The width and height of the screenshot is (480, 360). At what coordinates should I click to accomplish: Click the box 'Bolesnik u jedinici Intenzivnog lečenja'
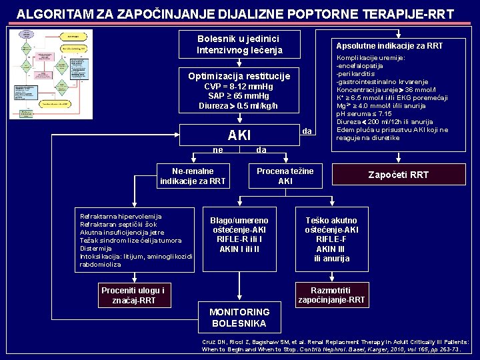[239, 45]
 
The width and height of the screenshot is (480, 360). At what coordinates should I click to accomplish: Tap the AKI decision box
[239, 135]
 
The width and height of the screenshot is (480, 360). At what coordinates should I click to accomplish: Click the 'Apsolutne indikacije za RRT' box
[389, 46]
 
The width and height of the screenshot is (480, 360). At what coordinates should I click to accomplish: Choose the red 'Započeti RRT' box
[399, 175]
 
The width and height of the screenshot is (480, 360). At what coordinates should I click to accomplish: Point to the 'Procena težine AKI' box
[285, 176]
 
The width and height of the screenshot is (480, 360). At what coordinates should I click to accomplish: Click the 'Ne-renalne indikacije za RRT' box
[193, 176]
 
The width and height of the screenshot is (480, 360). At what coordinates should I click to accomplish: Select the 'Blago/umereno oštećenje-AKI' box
[239, 235]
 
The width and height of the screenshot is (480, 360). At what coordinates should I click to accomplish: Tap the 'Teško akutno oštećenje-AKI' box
[331, 239]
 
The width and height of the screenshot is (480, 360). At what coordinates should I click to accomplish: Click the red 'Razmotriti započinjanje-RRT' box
[331, 295]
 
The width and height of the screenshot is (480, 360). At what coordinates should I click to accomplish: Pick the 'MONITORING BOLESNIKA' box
[239, 317]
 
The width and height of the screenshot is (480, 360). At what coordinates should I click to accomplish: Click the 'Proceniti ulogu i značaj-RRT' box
[133, 295]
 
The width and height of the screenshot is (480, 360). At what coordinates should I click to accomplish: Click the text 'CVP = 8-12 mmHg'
[239, 87]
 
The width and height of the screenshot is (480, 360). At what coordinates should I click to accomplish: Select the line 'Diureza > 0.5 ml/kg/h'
[239, 106]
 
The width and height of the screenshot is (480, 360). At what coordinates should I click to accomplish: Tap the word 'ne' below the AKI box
[218, 150]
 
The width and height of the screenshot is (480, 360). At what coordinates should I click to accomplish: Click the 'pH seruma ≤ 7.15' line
[364, 114]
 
